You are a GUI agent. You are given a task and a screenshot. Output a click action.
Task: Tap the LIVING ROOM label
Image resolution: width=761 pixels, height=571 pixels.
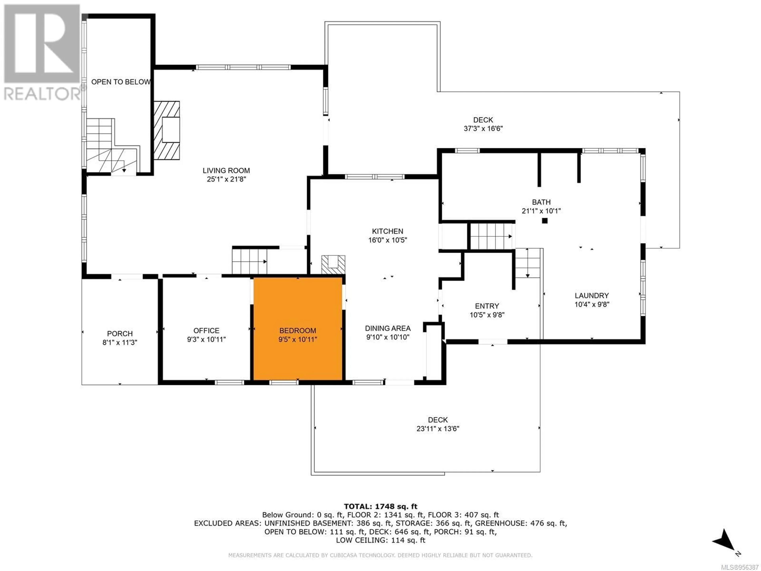[x=226, y=170]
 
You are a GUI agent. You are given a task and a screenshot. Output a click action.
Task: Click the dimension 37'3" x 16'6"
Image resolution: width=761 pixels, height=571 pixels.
[x=483, y=129]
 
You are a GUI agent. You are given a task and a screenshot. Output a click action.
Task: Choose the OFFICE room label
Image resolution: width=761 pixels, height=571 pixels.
[x=207, y=331]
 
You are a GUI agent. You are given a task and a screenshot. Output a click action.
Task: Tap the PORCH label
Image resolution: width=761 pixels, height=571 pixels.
[x=120, y=333]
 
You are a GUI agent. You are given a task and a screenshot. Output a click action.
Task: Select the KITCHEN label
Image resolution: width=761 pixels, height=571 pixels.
[x=387, y=231]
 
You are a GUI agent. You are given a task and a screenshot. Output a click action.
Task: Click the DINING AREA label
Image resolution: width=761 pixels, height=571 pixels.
[x=388, y=328]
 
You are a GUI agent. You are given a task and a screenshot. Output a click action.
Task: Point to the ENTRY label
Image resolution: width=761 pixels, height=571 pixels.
[x=487, y=306]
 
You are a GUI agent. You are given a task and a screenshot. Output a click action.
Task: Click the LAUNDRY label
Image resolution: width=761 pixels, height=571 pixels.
[x=591, y=295]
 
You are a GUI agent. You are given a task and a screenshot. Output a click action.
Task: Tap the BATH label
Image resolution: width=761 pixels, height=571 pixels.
[x=541, y=202]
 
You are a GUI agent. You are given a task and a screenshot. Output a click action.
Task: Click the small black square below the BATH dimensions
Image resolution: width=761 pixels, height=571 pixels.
[x=545, y=221]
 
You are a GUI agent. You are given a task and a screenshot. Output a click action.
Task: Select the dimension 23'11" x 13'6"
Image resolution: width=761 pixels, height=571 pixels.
[x=438, y=428]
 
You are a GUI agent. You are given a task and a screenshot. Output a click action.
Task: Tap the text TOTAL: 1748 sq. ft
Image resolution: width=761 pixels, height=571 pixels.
[x=380, y=506]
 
